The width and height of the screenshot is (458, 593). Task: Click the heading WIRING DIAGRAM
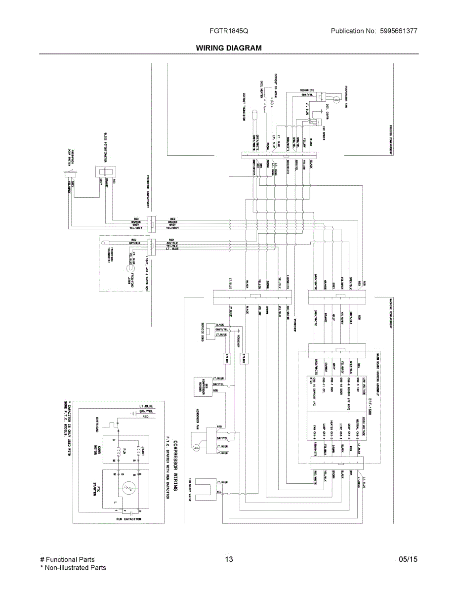(229, 48)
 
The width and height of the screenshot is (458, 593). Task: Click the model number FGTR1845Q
(229, 31)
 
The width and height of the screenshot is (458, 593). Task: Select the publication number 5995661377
(399, 31)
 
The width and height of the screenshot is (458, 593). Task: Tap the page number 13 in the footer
(229, 559)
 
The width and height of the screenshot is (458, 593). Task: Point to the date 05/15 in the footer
(408, 559)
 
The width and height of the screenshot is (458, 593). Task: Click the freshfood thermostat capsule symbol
(106, 243)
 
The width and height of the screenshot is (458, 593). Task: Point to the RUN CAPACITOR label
(128, 519)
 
